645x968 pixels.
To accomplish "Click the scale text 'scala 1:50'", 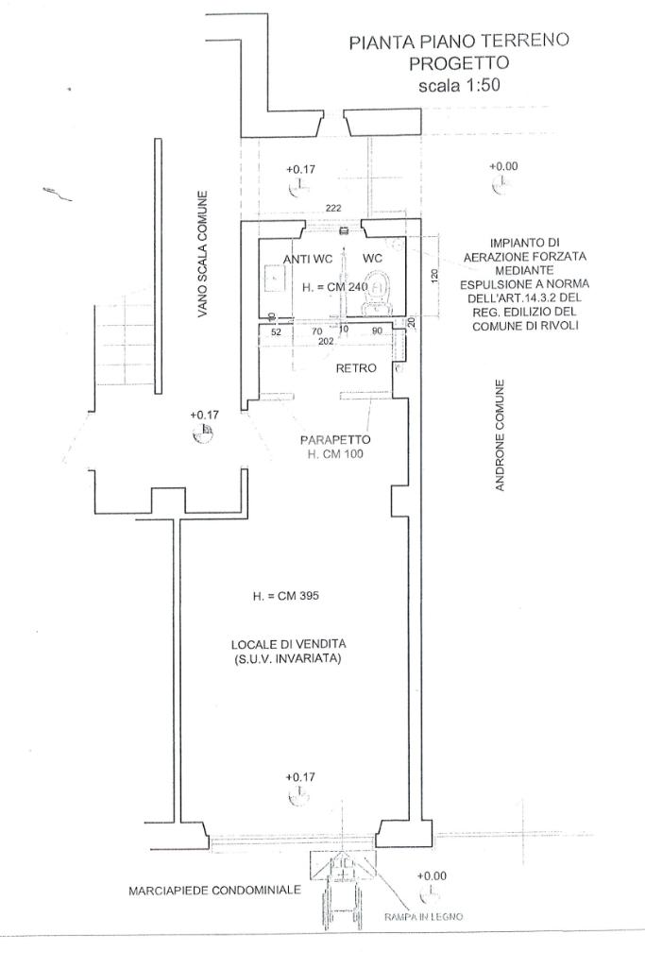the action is (459, 85).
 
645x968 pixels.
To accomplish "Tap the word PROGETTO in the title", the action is (459, 63).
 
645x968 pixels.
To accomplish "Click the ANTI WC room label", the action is (308, 260).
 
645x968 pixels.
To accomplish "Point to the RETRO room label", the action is (356, 368).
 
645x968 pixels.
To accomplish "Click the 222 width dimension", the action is (333, 208).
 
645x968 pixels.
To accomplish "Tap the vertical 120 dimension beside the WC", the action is (433, 276).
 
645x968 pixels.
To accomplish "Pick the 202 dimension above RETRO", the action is (326, 341).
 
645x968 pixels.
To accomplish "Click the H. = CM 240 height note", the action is (335, 287).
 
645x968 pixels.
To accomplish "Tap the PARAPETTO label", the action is (335, 440).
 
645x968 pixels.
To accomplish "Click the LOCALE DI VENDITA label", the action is (288, 644).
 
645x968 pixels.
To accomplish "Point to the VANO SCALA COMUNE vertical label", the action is (202, 254).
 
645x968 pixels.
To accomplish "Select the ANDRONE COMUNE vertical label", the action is (500, 435).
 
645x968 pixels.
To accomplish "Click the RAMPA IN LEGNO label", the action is (423, 917).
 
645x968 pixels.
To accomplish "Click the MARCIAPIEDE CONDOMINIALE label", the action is (214, 891).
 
